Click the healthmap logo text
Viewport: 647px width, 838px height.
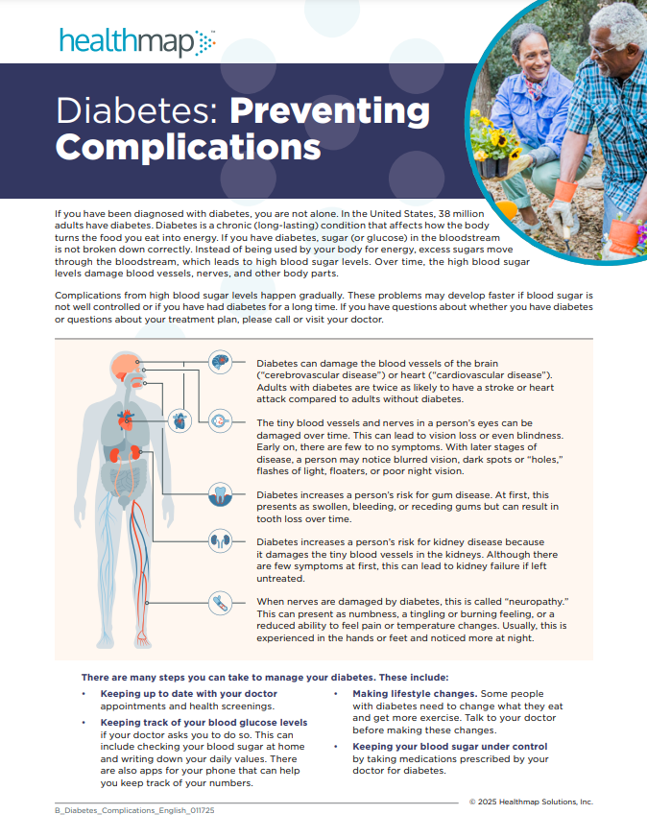click(125, 42)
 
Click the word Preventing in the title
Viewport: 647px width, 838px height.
click(329, 111)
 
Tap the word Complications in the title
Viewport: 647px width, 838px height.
click(188, 146)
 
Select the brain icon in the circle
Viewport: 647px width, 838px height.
click(221, 362)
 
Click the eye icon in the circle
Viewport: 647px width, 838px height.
click(221, 420)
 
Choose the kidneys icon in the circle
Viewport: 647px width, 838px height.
click(221, 541)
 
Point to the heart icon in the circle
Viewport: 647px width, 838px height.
click(180, 420)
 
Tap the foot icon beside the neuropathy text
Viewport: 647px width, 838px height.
click(221, 603)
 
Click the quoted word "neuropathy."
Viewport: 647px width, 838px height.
click(532, 601)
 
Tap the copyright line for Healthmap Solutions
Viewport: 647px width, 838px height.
click(531, 802)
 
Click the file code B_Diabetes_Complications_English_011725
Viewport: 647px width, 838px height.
click(134, 811)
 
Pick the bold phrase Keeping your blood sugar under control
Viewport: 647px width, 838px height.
click(450, 746)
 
